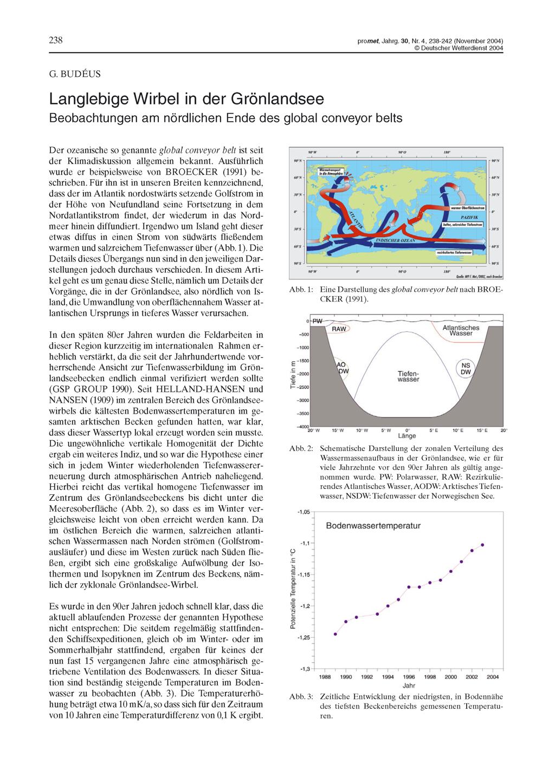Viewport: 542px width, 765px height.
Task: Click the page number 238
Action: tap(56, 41)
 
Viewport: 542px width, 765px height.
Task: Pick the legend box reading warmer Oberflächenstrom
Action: tap(469, 208)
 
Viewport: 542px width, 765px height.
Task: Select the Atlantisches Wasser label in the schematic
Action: tap(461, 330)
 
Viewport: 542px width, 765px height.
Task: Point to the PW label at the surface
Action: tap(318, 321)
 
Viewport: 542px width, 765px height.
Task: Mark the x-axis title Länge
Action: tap(406, 435)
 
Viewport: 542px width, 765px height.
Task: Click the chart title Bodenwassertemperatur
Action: tap(373, 526)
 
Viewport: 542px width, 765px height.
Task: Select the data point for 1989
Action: tap(335, 633)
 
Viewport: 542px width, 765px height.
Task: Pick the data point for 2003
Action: tap(482, 545)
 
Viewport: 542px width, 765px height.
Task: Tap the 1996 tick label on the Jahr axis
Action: tap(409, 677)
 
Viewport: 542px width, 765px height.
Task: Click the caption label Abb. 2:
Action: tap(301, 449)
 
